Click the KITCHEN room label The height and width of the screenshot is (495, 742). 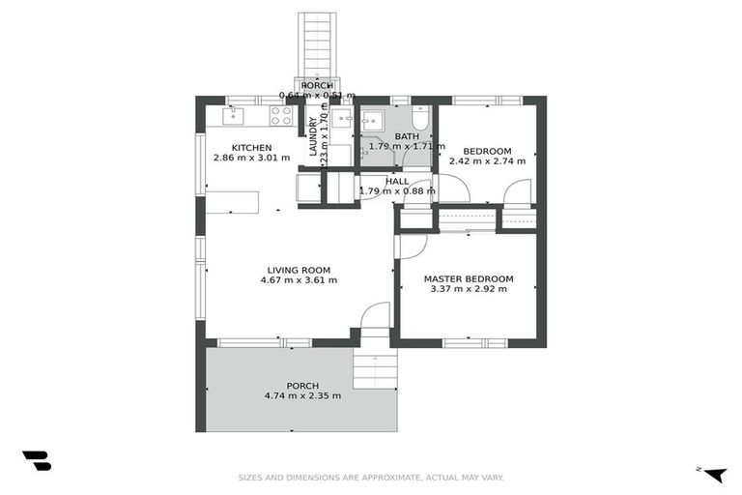(251, 146)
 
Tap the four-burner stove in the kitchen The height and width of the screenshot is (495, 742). (281, 116)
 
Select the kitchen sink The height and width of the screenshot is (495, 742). (232, 116)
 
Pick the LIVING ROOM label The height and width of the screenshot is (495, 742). (299, 270)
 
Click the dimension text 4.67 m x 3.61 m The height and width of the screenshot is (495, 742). (299, 280)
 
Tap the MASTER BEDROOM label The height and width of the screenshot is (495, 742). (469, 278)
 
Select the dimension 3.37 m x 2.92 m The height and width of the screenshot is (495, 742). (469, 289)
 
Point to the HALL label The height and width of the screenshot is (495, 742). (396, 181)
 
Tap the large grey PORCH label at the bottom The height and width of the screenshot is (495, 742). (301, 385)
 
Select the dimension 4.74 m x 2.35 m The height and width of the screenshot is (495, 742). (301, 395)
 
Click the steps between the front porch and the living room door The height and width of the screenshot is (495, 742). (375, 368)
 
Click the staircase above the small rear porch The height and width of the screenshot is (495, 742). (316, 44)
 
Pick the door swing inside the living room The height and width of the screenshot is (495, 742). (374, 316)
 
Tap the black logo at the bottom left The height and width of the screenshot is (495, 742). (36, 461)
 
